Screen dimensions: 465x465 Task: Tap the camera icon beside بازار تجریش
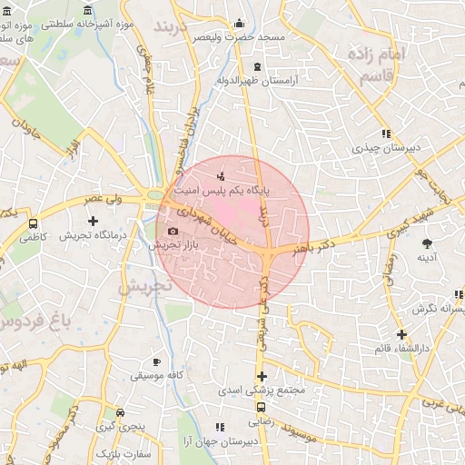[x=173, y=232]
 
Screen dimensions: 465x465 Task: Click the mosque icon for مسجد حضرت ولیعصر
[x=240, y=24]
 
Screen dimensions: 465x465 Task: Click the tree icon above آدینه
[x=427, y=242]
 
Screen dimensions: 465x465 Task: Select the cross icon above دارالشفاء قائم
[x=401, y=334]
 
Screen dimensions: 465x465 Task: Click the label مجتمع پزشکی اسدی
[x=261, y=391]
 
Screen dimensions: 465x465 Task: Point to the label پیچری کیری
[x=120, y=425]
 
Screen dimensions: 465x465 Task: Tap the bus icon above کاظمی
[x=34, y=223]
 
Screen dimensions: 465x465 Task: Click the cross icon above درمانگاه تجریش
[x=93, y=221]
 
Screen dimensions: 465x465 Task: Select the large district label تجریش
[x=144, y=286]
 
